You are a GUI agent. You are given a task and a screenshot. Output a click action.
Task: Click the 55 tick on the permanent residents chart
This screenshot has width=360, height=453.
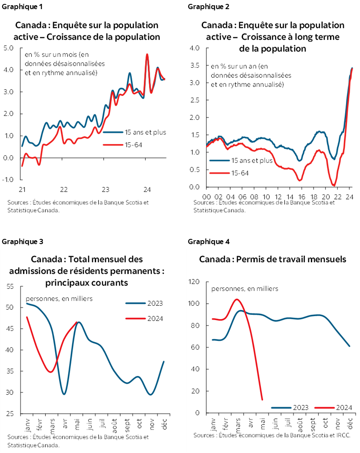10,286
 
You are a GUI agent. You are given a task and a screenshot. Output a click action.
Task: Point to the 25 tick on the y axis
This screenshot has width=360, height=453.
10,414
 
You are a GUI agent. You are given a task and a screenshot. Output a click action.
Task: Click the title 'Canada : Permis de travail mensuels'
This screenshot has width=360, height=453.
273,259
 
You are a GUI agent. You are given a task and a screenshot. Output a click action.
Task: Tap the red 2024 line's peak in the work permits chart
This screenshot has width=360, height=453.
236,299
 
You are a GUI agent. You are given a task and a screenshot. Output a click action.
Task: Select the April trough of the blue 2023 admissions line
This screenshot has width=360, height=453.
64,394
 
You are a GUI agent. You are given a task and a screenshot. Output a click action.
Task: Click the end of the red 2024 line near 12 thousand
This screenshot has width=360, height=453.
262,400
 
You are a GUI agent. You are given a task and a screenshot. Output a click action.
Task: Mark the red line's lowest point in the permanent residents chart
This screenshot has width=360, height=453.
51,372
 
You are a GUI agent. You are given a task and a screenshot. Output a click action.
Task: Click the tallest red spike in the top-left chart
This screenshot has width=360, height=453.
147,54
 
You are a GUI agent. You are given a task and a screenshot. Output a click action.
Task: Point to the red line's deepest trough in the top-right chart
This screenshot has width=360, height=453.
334,185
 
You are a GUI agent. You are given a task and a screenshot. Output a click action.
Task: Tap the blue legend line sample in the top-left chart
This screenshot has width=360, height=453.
113,132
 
